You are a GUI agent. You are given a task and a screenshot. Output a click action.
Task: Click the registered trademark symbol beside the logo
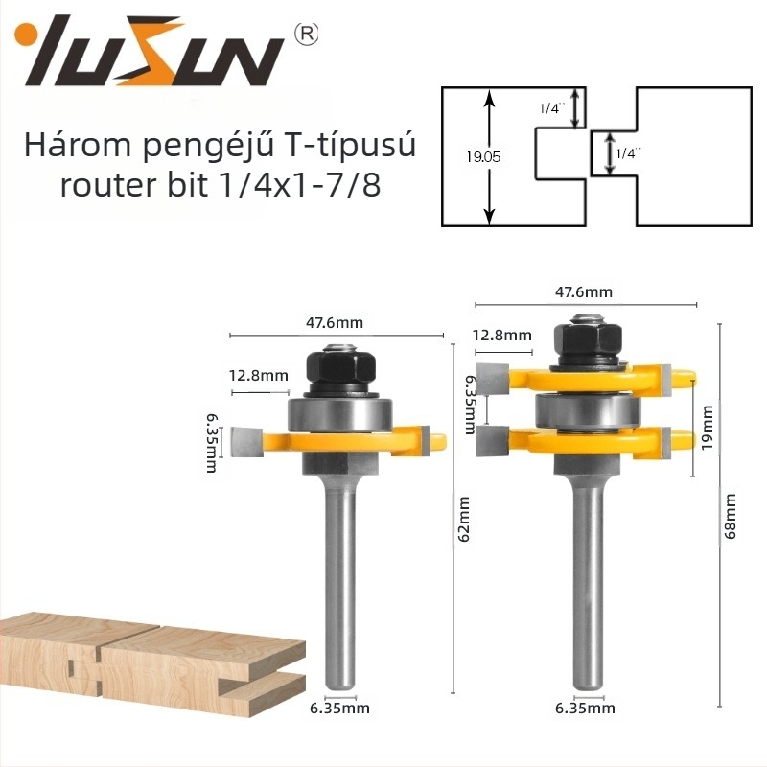[307, 34]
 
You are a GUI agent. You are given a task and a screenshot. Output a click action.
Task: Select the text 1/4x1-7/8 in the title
[300, 185]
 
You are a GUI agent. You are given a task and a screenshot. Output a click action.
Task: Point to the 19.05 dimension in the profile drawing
[483, 157]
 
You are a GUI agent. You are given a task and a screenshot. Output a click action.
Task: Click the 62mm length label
[464, 519]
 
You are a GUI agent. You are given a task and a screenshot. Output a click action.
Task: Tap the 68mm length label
[730, 516]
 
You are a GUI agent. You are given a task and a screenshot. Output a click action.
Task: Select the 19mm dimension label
[707, 429]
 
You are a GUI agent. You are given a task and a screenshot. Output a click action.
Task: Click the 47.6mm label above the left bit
[335, 323]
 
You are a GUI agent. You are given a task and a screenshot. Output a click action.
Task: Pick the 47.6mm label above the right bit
[584, 292]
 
